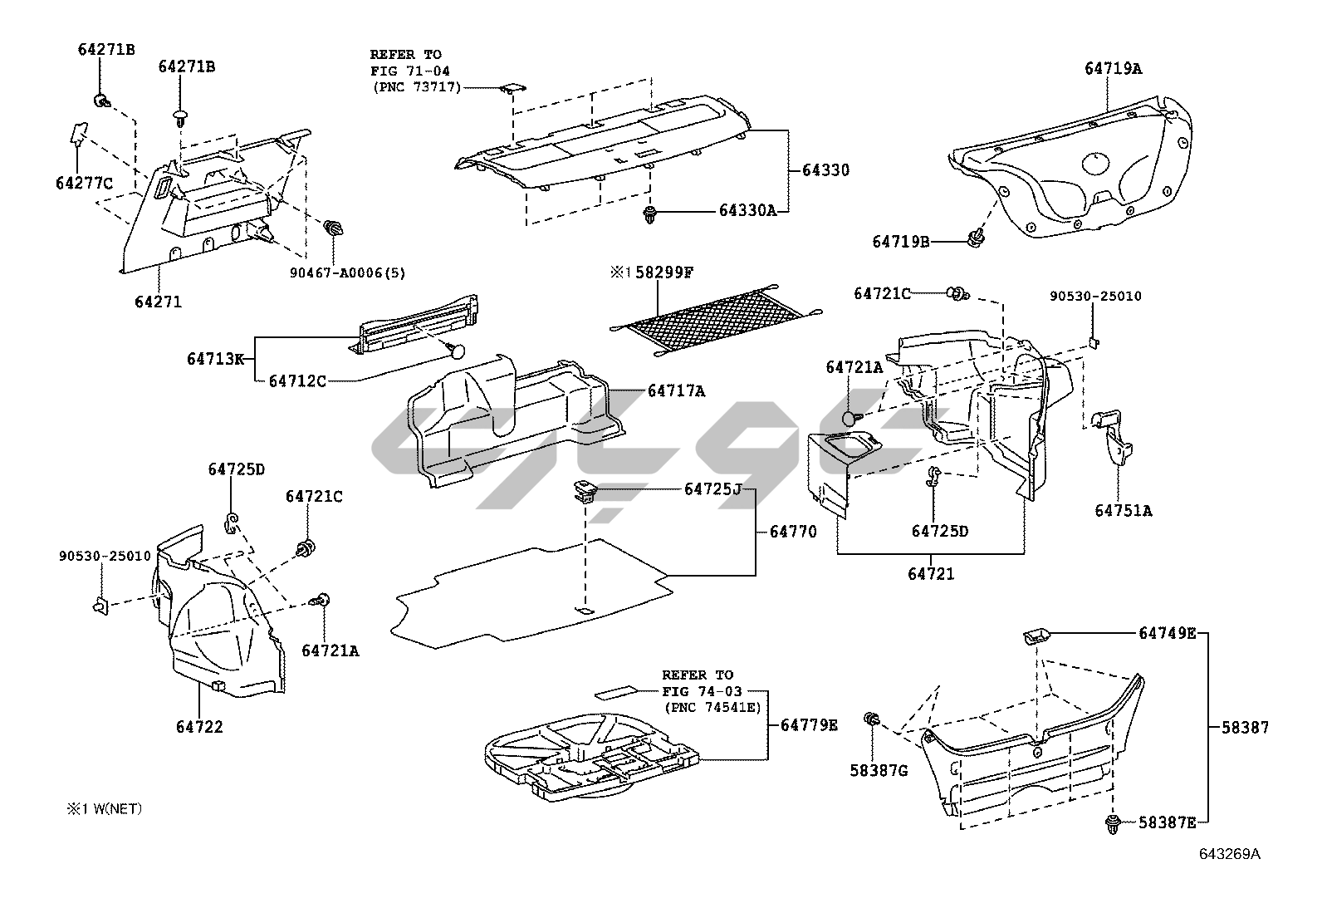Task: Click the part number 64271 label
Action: [158, 302]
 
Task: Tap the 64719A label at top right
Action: [1113, 69]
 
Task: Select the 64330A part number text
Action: [747, 211]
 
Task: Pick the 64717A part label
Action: [676, 390]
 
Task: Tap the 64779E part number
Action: [809, 725]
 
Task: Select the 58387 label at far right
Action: [1245, 727]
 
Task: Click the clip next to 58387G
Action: [872, 719]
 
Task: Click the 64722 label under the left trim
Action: [199, 727]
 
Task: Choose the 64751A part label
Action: [1123, 511]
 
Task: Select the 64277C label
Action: [84, 183]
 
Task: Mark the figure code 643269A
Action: [1228, 853]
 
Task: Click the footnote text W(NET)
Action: [115, 807]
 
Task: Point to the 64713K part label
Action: [215, 359]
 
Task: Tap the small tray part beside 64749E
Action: [1036, 636]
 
